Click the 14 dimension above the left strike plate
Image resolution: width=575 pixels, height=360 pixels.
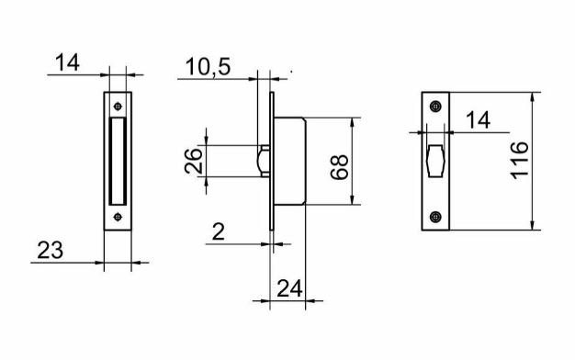68,62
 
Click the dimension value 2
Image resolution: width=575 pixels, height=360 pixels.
218,232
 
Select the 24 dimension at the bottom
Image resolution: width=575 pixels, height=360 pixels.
289,287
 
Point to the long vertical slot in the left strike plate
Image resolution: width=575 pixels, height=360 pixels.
117,160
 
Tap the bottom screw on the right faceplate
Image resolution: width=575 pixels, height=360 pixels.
434,217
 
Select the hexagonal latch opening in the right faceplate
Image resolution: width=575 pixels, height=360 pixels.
434,161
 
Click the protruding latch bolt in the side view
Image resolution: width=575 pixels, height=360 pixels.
263,160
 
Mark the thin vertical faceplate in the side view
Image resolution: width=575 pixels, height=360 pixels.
272,161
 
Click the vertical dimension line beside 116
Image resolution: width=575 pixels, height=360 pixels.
534,161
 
